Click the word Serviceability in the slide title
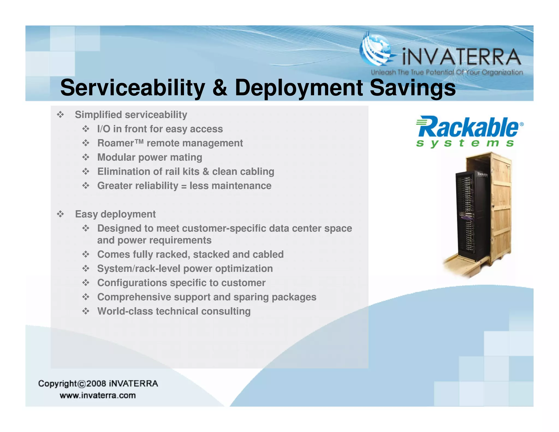coord(133,88)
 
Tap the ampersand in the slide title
coord(220,88)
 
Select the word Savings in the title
coord(412,88)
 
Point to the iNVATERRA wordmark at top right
coord(461,57)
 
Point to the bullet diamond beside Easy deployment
coord(60,214)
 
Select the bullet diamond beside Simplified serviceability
coord(60,114)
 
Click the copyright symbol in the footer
coord(82,384)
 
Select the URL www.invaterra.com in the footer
coord(97,395)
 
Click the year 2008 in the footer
coord(96,384)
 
